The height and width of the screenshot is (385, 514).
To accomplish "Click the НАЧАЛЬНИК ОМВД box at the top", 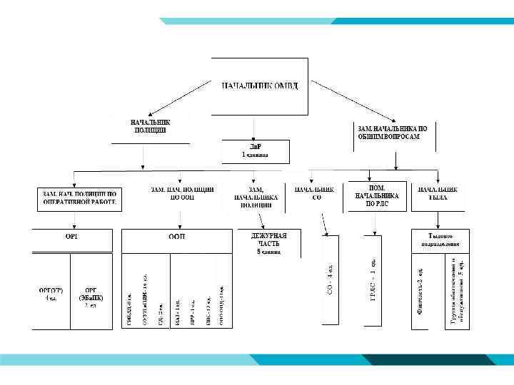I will click(260, 86).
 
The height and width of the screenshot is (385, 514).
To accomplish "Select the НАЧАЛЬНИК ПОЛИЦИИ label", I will click(151, 127).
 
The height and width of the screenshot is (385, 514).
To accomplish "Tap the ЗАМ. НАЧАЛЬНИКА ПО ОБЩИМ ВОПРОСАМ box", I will click(393, 131).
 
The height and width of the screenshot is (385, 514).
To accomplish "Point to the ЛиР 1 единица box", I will click(255, 150).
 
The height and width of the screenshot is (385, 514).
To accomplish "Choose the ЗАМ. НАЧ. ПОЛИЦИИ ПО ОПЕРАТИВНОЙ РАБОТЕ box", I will click(79, 198).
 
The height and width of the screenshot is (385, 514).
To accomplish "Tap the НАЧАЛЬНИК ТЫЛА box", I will click(438, 193).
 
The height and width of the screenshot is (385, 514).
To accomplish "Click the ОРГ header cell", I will click(72, 236).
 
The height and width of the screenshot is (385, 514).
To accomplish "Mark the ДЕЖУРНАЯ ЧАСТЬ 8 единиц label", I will click(268, 243).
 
